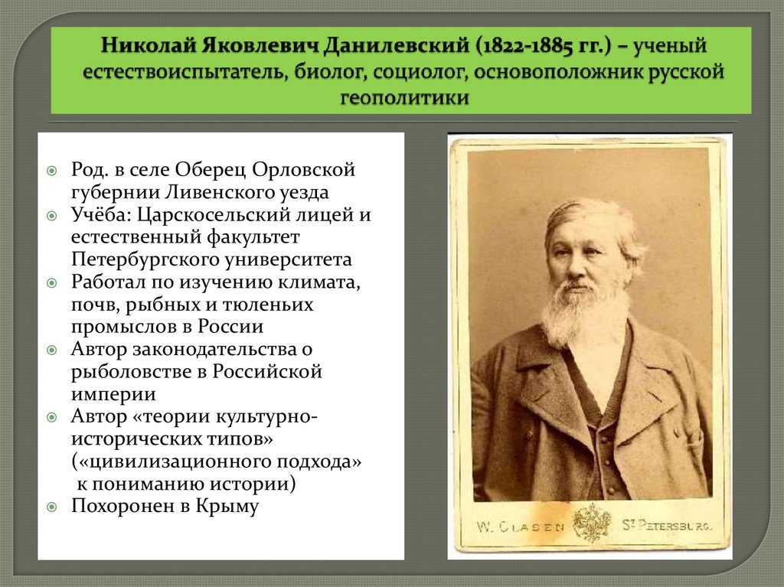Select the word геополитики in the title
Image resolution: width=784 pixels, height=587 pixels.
point(403,97)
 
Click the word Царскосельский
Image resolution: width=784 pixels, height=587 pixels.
point(217,215)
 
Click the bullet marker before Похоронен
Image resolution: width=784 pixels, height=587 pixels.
point(51,507)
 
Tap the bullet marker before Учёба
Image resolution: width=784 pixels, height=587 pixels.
point(51,215)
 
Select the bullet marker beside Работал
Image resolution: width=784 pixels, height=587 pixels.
point(51,282)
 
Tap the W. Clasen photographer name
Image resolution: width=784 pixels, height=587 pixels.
point(521,526)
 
